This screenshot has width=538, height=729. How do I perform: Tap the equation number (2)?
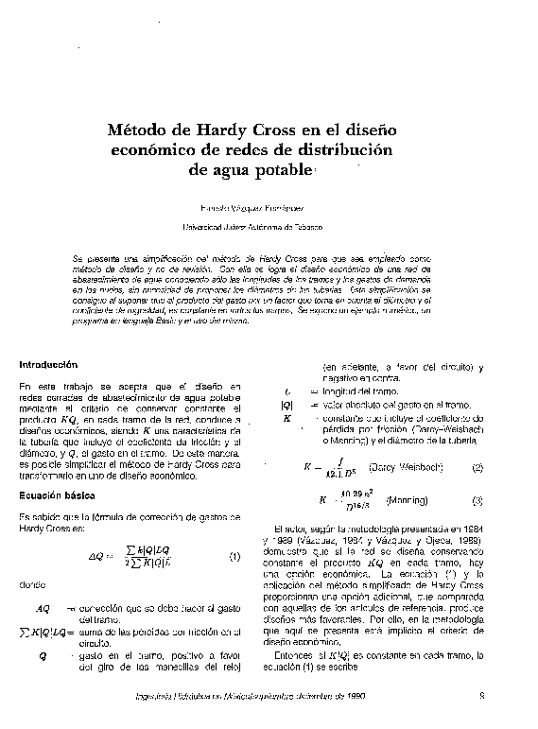tap(477, 467)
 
